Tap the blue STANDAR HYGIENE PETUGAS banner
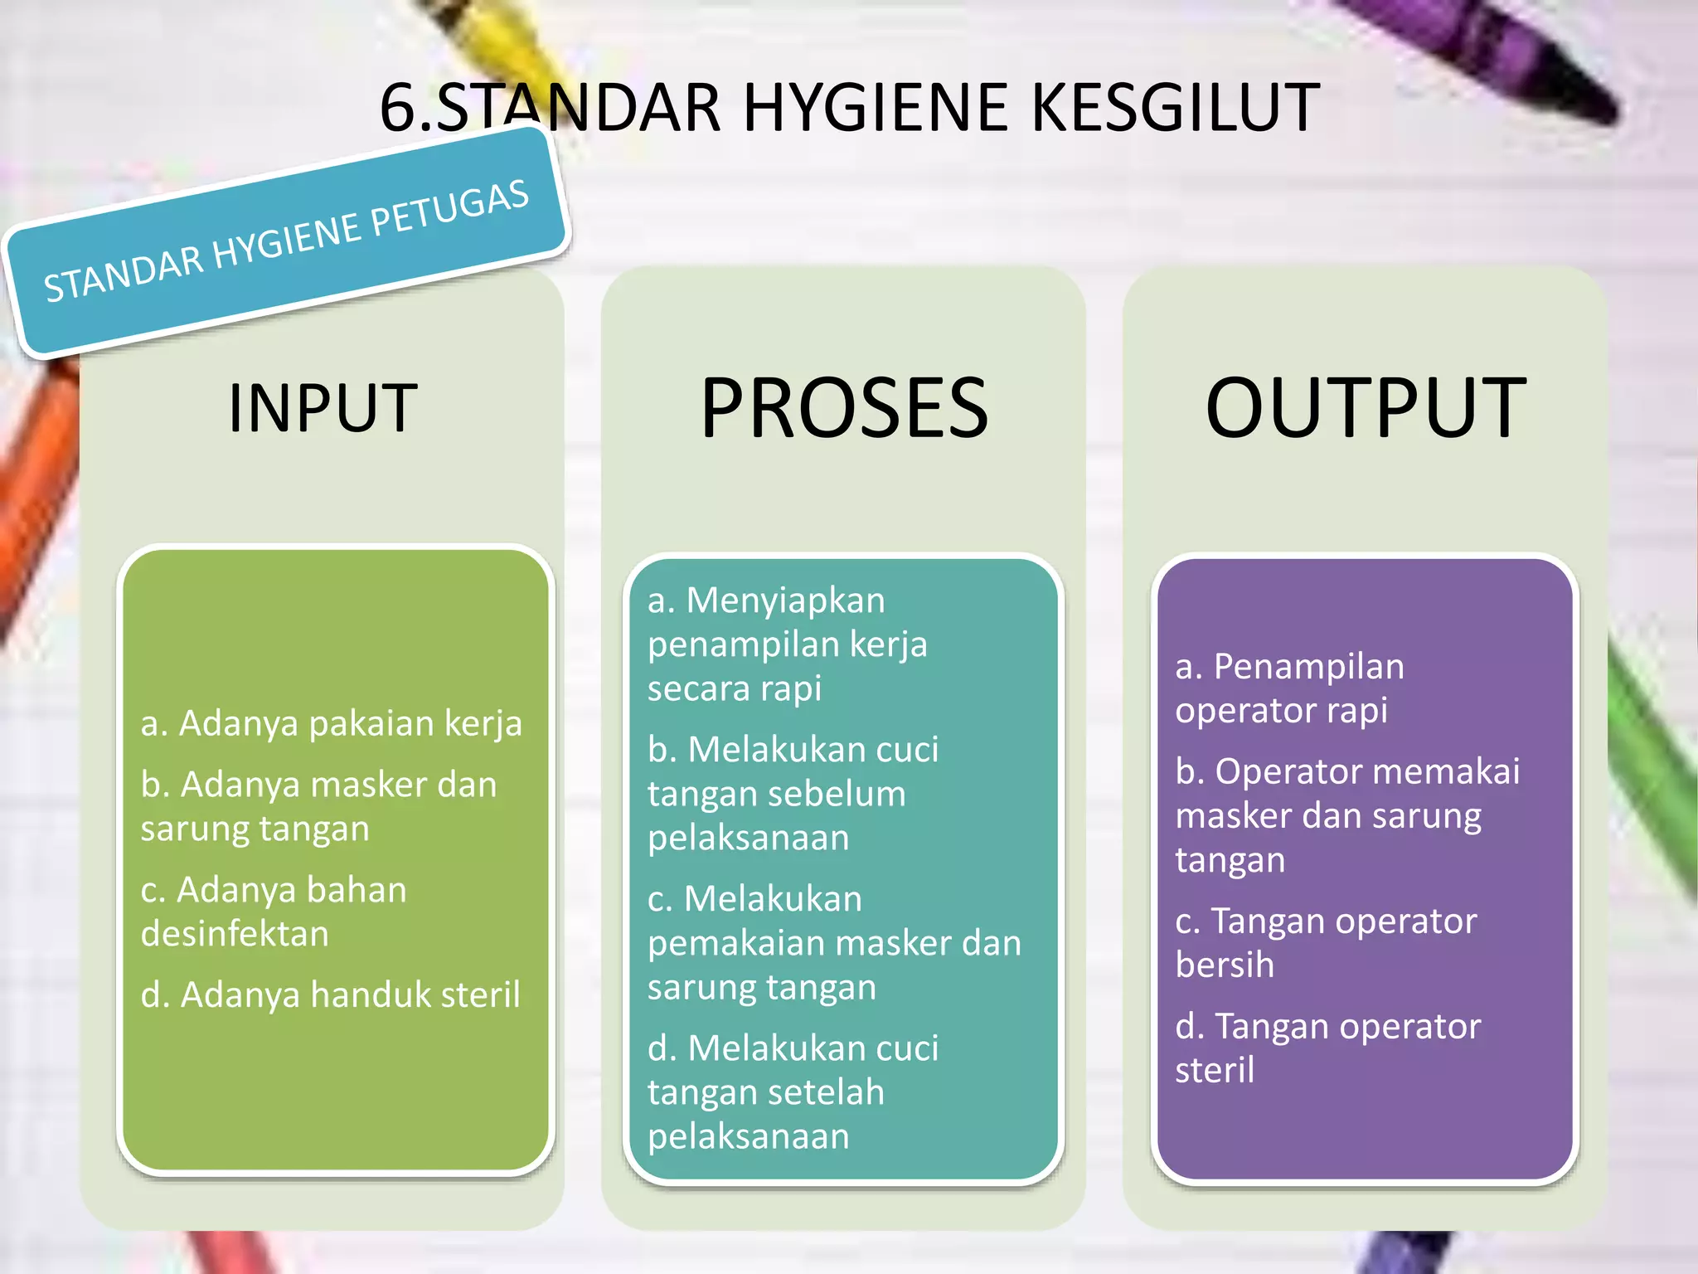pos(286,242)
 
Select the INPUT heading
pos(323,407)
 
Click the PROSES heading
pos(844,407)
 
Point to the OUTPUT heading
pos(1365,407)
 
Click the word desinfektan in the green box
pos(235,935)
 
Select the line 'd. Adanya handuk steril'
pos(330,994)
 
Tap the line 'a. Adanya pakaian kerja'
pos(331,723)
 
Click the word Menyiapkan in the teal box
pos(785,601)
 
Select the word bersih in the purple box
pos(1224,965)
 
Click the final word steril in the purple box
pos(1214,1071)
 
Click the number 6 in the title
pos(396,108)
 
